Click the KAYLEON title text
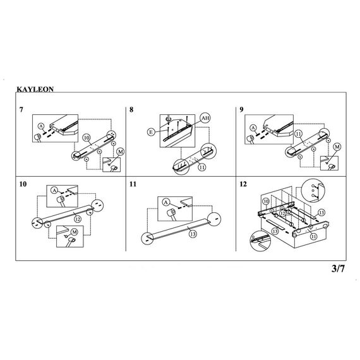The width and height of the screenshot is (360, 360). pyautogui.click(x=35, y=89)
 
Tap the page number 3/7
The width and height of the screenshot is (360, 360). pyautogui.click(x=338, y=268)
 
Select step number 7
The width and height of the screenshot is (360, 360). pyautogui.click(x=21, y=109)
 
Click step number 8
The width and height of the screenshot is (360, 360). pyautogui.click(x=131, y=109)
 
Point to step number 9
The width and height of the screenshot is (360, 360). pyautogui.click(x=241, y=109)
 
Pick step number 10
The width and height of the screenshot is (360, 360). pyautogui.click(x=23, y=184)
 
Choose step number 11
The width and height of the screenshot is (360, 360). pyautogui.click(x=133, y=184)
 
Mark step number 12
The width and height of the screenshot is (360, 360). pyautogui.click(x=243, y=184)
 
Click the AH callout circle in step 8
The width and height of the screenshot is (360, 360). pyautogui.click(x=205, y=118)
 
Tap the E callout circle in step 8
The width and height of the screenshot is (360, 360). pyautogui.click(x=151, y=132)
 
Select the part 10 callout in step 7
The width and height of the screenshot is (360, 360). pyautogui.click(x=87, y=138)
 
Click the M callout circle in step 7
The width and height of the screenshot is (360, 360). pyautogui.click(x=120, y=152)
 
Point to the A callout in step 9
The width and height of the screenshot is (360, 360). pyautogui.click(x=253, y=128)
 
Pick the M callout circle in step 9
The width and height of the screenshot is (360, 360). pyautogui.click(x=337, y=147)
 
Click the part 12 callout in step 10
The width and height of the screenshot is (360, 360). pyautogui.click(x=78, y=219)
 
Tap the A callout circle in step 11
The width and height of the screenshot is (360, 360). pyautogui.click(x=166, y=203)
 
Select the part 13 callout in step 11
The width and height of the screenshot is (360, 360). pyautogui.click(x=193, y=234)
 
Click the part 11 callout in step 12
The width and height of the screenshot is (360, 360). pyautogui.click(x=313, y=236)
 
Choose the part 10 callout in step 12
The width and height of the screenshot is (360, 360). pyautogui.click(x=266, y=201)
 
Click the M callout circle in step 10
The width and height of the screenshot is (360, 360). pyautogui.click(x=75, y=232)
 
